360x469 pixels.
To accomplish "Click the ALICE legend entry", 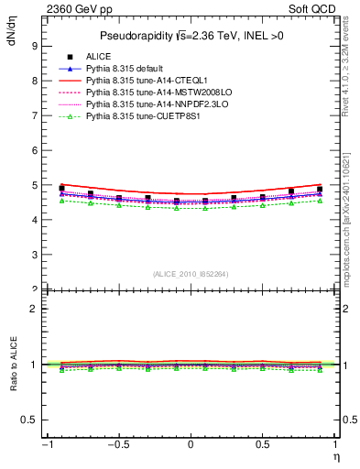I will [98, 58].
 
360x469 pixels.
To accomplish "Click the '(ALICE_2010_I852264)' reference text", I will [191, 273].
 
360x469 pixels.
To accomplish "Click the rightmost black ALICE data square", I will [320, 189].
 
